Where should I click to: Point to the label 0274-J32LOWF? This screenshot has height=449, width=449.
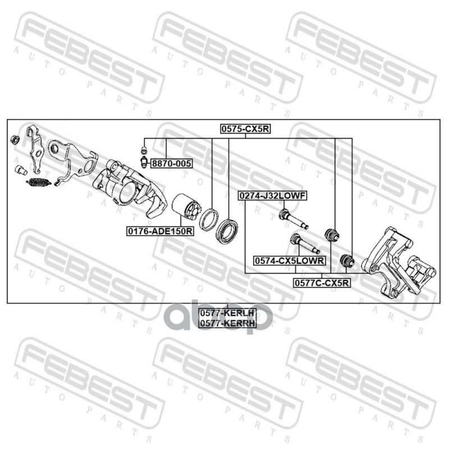(x=272, y=196)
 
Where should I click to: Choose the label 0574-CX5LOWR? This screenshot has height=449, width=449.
(x=289, y=260)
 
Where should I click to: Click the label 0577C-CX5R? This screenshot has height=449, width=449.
(x=322, y=283)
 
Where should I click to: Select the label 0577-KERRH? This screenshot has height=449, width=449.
(x=227, y=323)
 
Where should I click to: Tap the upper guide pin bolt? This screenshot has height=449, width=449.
(x=292, y=218)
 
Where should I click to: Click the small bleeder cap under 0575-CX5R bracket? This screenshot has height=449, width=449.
(x=144, y=150)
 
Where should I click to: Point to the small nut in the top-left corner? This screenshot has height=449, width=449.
(x=16, y=138)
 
